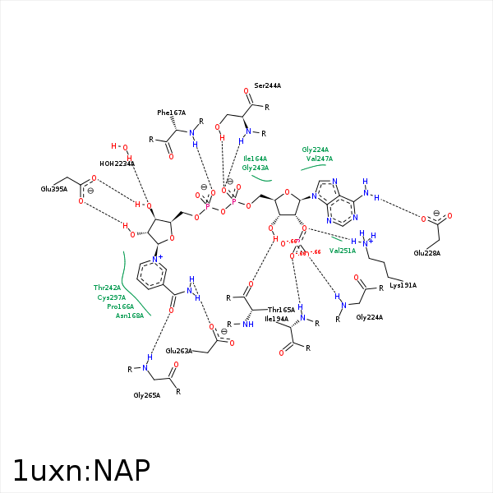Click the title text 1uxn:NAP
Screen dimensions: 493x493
pyautogui.click(x=81, y=470)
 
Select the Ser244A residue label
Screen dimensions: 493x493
pyautogui.click(x=268, y=85)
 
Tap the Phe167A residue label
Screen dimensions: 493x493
pyautogui.click(x=172, y=113)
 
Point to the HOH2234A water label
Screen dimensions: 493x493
pyautogui.click(x=117, y=164)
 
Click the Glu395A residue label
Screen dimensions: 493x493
pyautogui.click(x=54, y=189)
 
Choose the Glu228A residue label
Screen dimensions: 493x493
pyautogui.click(x=427, y=252)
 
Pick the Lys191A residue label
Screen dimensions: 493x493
pyautogui.click(x=403, y=285)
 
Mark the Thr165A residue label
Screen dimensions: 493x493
pyautogui.click(x=281, y=310)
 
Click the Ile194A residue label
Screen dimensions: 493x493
pyautogui.click(x=276, y=318)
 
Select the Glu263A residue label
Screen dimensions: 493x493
pyautogui.click(x=179, y=351)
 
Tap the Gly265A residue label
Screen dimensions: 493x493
pyautogui.click(x=147, y=395)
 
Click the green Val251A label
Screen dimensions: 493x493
pyautogui.click(x=343, y=250)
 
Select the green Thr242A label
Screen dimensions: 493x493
pyautogui.click(x=108, y=288)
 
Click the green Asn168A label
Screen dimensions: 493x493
pyautogui.click(x=130, y=315)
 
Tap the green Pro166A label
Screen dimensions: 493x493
pyautogui.click(x=121, y=306)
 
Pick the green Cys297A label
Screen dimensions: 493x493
pyautogui.click(x=112, y=297)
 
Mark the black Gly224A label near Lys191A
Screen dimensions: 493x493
pyautogui.click(x=370, y=317)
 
